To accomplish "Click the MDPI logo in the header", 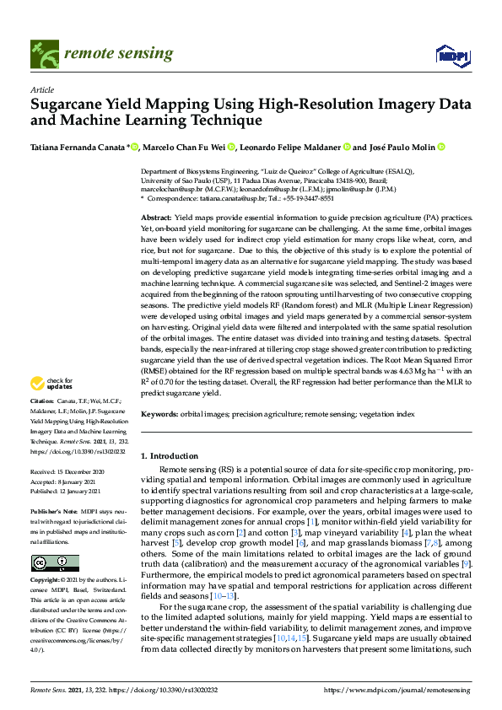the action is pos(451,56).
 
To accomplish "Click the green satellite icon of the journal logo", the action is pos(41,53).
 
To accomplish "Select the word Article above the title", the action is pos(42,89).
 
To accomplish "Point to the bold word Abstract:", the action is pos(156,218).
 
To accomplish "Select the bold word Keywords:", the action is pos(160,415).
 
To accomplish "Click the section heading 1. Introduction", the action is pos(171,455).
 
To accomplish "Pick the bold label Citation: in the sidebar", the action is pos(42,400).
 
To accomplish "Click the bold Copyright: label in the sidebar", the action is pos(46,581).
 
